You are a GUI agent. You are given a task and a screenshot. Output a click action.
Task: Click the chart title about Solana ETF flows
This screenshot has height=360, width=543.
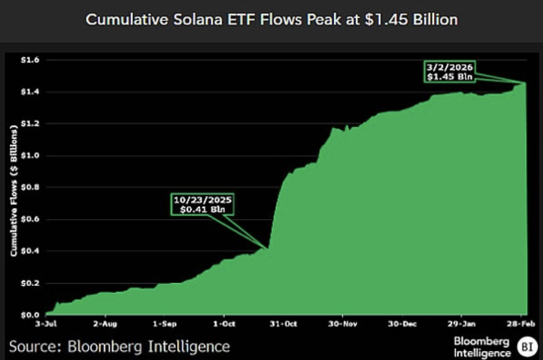point(271,20)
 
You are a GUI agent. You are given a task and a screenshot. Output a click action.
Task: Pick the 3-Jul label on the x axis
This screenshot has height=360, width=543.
point(46,325)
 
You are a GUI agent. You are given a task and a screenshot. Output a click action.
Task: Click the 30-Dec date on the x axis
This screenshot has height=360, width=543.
point(402,325)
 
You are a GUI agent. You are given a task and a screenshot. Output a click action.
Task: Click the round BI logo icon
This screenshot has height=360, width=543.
point(527,346)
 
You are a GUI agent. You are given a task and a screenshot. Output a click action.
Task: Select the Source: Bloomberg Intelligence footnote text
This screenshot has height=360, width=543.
point(119,346)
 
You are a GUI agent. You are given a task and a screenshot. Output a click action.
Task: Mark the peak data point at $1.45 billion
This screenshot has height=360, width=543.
point(525,83)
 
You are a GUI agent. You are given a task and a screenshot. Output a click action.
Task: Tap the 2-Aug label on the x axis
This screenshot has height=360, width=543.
point(105,325)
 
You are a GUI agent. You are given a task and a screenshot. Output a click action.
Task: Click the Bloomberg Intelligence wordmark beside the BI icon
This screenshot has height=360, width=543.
point(482,346)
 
